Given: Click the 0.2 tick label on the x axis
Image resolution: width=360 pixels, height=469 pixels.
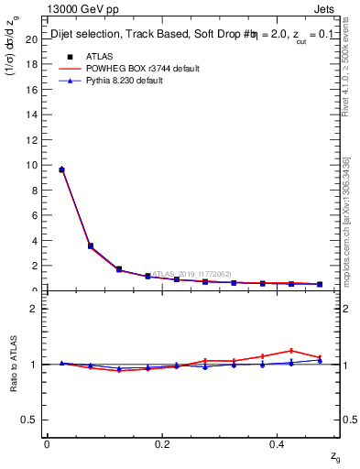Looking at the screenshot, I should point(162,444).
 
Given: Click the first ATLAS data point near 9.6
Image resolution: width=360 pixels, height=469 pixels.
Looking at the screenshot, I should point(61,169).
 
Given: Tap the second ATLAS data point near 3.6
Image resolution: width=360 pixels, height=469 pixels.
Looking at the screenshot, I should point(90,245).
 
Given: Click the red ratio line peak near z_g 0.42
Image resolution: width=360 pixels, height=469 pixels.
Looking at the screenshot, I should point(291,350).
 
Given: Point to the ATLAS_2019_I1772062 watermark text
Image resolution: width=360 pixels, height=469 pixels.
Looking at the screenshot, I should point(192,273).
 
